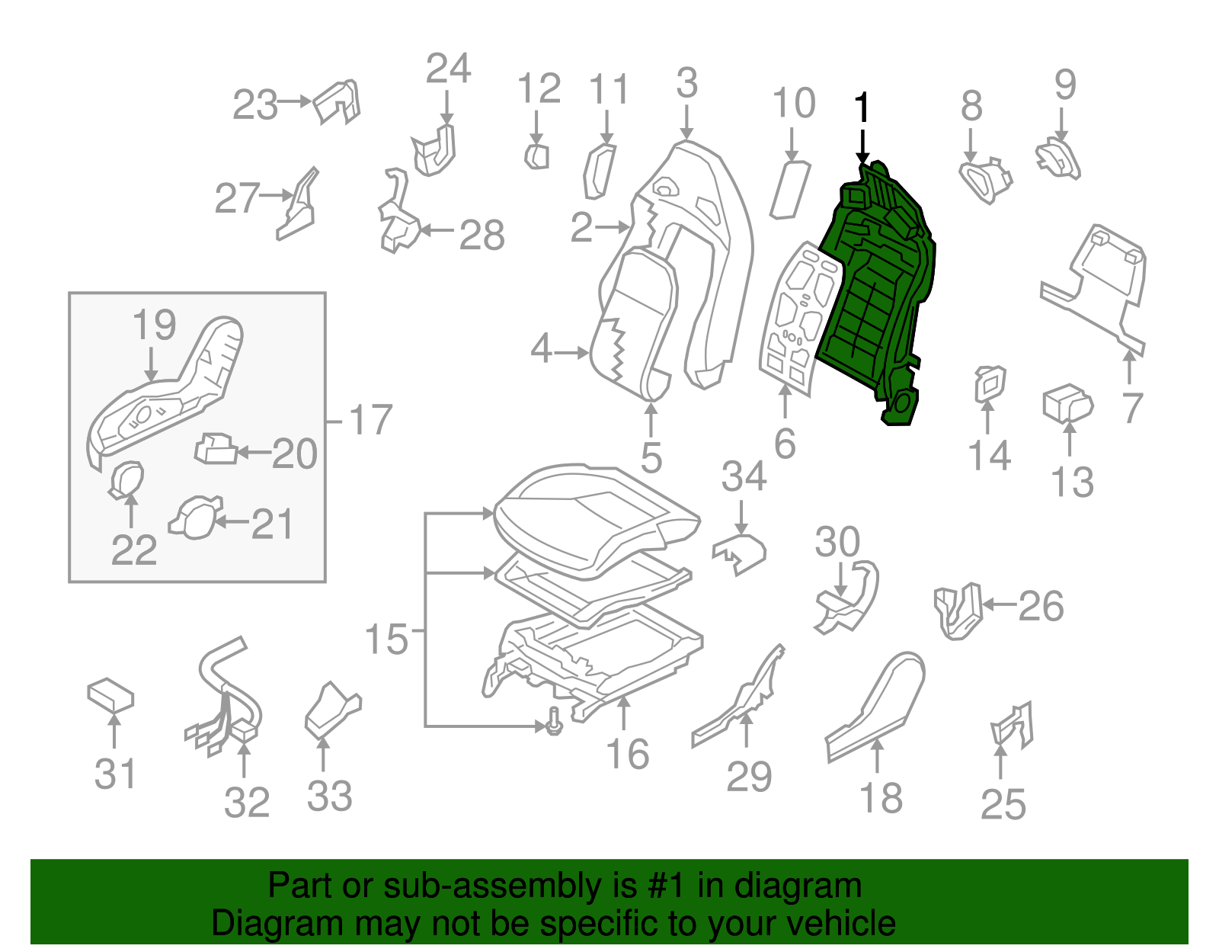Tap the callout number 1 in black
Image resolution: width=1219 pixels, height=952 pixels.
862,108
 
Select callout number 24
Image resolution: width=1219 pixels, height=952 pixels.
448,69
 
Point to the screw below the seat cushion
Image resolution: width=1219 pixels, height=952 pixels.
554,721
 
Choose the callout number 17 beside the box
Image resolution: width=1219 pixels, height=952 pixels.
370,420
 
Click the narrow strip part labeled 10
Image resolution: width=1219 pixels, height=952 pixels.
790,189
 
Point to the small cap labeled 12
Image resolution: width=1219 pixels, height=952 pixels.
536,156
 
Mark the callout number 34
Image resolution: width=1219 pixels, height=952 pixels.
744,477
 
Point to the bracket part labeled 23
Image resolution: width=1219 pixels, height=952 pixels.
337,101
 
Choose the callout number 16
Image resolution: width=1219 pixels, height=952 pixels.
627,755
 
